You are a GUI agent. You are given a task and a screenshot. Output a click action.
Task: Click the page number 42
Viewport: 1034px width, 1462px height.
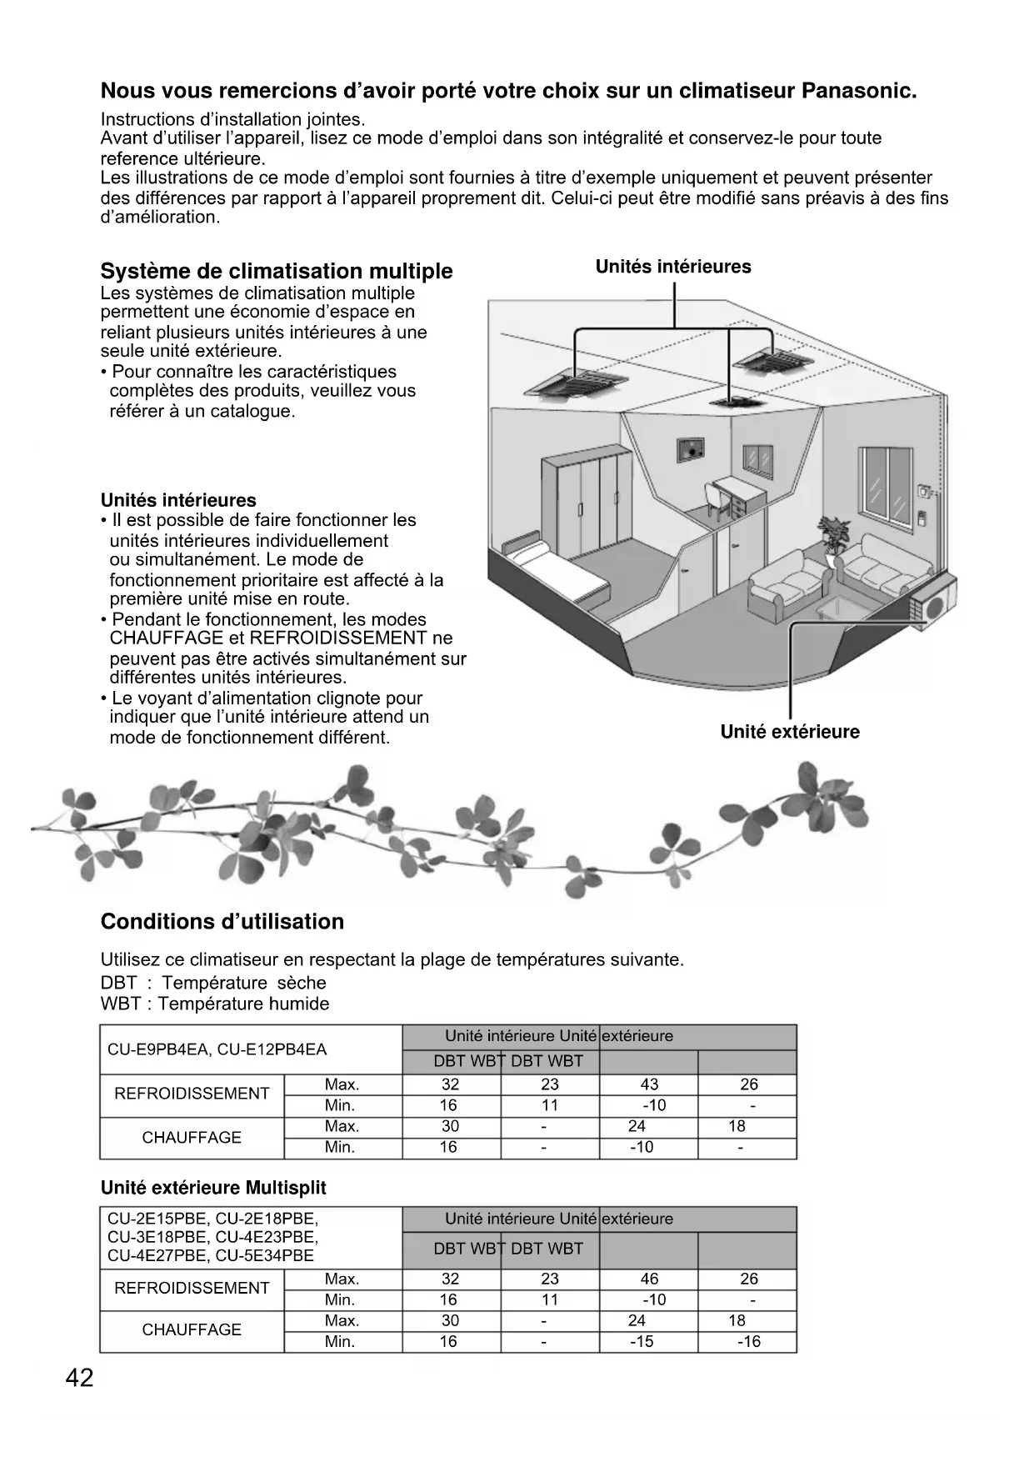(x=80, y=1379)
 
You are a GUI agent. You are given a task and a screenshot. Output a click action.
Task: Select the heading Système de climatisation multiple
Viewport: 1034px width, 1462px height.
(x=277, y=271)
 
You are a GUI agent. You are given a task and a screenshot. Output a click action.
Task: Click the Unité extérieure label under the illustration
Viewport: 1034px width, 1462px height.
(x=790, y=732)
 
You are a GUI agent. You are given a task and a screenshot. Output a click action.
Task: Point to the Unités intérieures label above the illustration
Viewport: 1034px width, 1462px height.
(x=673, y=267)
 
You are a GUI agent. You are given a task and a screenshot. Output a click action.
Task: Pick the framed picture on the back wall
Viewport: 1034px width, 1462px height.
(x=689, y=451)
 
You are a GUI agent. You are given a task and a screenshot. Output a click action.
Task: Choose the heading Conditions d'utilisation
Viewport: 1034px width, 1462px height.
(x=222, y=922)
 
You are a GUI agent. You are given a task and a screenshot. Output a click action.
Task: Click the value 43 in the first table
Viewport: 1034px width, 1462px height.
(x=649, y=1084)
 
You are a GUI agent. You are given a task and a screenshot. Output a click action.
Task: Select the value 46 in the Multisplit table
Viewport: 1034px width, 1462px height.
(x=649, y=1279)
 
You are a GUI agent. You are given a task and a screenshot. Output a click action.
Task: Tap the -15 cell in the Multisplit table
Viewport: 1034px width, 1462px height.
(x=642, y=1341)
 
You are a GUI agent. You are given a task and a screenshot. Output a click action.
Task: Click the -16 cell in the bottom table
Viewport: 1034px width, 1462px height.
(x=749, y=1341)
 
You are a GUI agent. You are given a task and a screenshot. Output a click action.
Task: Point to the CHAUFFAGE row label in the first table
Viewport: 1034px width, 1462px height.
(x=192, y=1138)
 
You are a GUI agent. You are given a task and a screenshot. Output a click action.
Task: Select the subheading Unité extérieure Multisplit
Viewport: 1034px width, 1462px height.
(x=213, y=1188)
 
